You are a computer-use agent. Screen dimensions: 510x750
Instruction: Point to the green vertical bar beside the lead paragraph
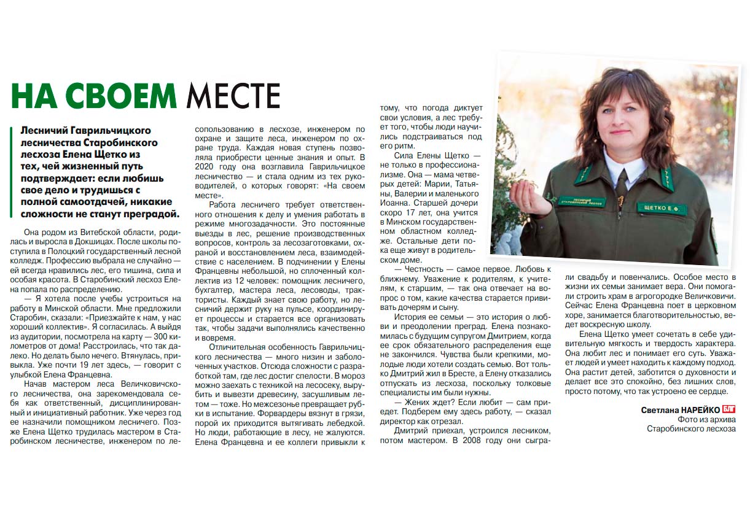pos(12,172)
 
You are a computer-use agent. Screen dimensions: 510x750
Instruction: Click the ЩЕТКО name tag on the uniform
pos(661,209)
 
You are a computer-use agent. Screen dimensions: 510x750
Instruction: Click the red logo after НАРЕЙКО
pos(729,409)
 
